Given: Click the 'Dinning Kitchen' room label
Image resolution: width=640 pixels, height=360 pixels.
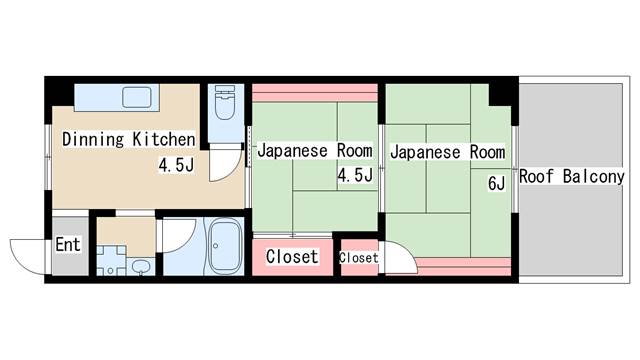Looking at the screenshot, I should click(x=129, y=139).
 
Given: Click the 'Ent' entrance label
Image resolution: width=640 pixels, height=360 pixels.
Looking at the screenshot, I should click(x=68, y=245).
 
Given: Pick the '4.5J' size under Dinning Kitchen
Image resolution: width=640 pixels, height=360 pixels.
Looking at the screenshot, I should click(x=175, y=166).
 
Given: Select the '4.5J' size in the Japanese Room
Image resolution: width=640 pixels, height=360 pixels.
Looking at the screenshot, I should click(x=355, y=177).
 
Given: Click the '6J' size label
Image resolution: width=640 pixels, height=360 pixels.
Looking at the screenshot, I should click(x=497, y=184).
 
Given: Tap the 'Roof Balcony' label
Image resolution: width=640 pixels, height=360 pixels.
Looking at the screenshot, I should click(x=572, y=177).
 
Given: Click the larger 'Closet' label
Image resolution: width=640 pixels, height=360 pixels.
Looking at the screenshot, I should click(x=292, y=257).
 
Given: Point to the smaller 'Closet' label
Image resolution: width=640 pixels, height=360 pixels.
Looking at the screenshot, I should click(x=359, y=258).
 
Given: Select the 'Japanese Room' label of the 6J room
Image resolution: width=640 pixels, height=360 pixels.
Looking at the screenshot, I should click(x=447, y=152).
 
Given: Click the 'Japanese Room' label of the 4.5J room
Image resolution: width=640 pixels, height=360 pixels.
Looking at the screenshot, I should click(x=315, y=152).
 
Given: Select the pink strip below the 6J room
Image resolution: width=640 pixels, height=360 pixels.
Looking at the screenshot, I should click(x=463, y=264).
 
